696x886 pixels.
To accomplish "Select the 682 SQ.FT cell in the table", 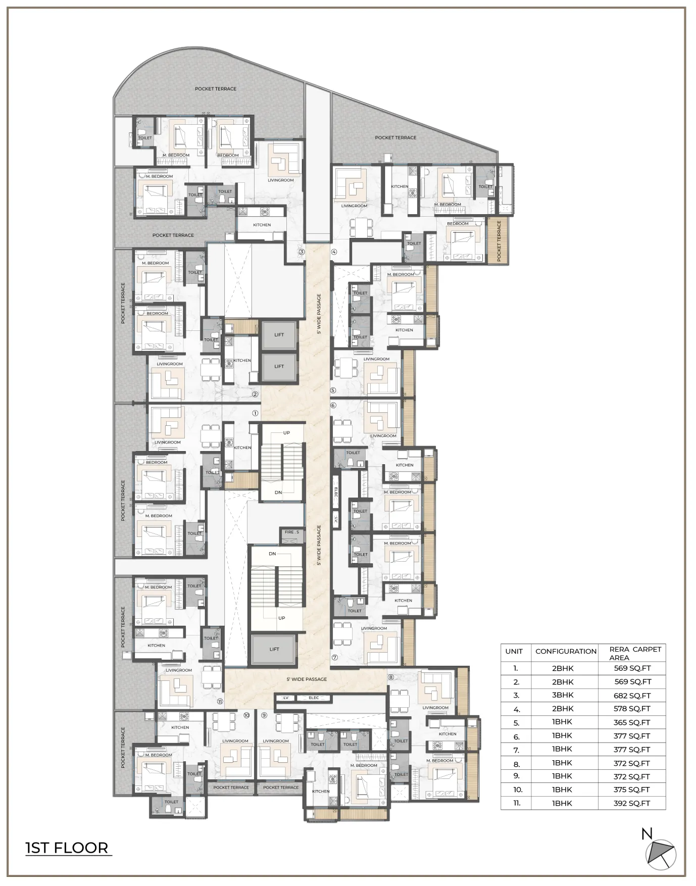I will tap(632, 695).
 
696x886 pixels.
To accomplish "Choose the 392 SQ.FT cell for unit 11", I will tap(632, 803).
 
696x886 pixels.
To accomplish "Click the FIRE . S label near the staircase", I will tap(291, 532).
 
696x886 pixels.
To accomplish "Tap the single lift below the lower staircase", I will tap(274, 649).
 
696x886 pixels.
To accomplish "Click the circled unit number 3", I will tap(302, 252).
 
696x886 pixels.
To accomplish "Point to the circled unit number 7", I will tap(334, 658).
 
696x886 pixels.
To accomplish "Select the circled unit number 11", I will tap(220, 701).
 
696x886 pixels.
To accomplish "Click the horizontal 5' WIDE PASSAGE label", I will tap(307, 679).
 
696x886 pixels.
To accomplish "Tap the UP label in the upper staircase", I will tap(286, 433).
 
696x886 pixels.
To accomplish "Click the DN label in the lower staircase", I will tap(272, 554).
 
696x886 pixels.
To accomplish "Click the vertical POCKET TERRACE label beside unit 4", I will tap(499, 241).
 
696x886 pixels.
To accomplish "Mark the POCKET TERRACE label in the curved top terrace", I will tap(216, 89).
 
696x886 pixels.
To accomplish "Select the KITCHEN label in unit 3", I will tap(262, 225).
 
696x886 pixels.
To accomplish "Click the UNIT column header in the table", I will tap(514, 651).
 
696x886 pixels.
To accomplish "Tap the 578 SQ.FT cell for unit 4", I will tap(632, 709).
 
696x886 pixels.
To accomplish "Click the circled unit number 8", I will tap(390, 677).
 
